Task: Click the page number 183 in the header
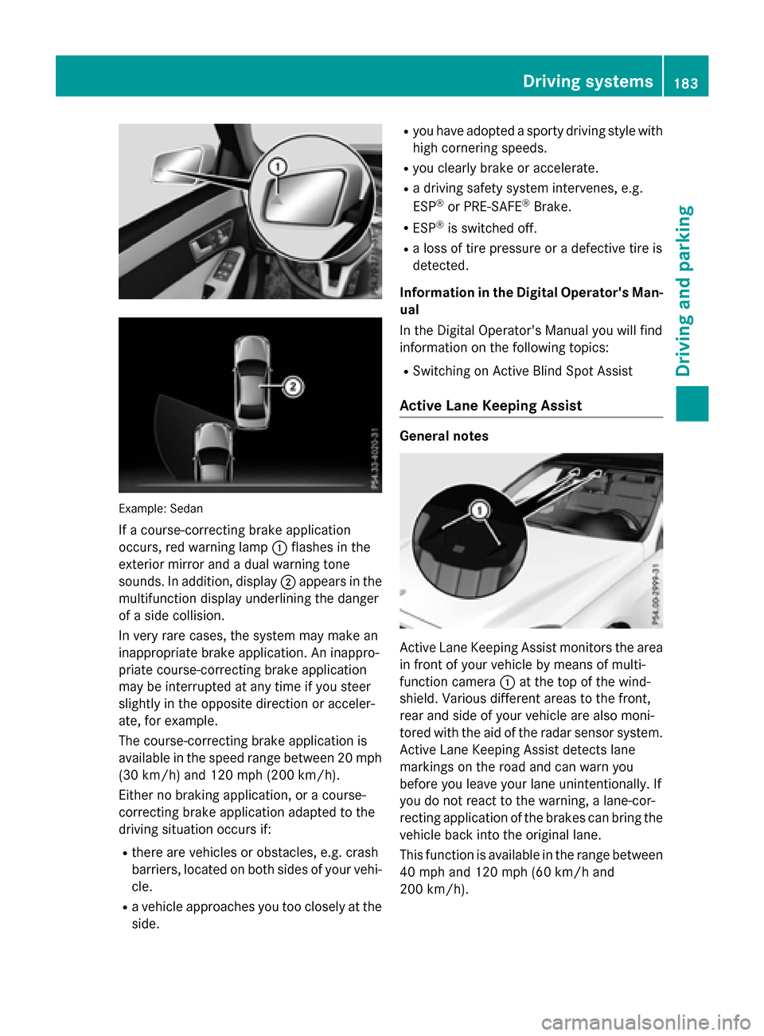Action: point(686,83)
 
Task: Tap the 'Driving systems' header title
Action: point(587,81)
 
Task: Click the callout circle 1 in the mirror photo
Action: point(277,167)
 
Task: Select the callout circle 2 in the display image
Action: point(293,387)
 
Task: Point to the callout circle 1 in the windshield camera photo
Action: point(480,509)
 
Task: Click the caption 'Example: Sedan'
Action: point(161,508)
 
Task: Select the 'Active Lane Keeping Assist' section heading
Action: point(490,406)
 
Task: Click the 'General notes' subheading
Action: point(444,436)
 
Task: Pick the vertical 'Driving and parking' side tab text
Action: point(684,290)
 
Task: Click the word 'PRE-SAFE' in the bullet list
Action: point(493,207)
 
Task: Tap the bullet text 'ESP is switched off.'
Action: point(474,228)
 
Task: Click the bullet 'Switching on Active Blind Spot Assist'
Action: point(522,371)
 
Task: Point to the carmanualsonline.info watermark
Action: point(645,1022)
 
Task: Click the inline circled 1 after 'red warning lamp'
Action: point(279,547)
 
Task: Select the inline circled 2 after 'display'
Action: point(288,582)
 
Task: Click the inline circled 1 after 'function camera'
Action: point(507,682)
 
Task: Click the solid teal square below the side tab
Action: point(692,403)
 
